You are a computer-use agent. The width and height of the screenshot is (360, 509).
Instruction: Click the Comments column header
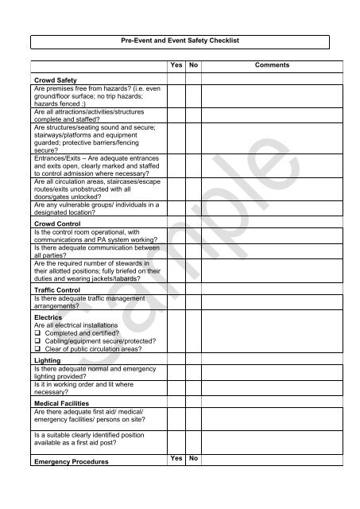pos(271,65)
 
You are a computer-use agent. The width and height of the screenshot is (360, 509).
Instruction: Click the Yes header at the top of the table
pos(176,65)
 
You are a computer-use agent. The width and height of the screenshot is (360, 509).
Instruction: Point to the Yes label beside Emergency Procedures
pos(176,459)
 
